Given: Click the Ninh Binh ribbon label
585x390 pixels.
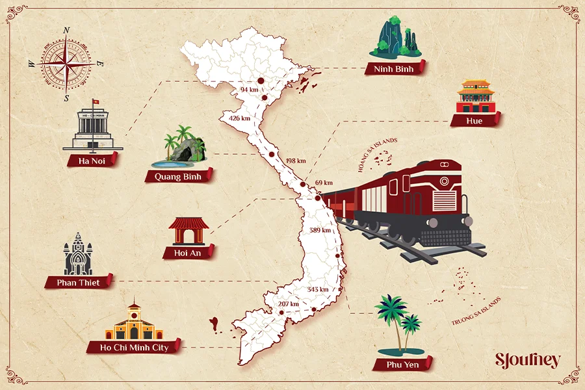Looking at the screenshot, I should point(393,68).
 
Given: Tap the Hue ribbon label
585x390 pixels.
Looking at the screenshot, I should point(474,120).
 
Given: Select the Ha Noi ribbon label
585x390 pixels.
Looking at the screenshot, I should point(92,160).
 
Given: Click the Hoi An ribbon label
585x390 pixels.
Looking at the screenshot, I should point(189,252).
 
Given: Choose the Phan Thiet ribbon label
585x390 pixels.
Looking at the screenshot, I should point(79,283).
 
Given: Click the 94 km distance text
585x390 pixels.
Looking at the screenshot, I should point(249,89).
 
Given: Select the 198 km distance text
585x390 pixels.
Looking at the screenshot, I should point(296,161).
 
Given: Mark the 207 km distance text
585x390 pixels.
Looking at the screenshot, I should point(288,304).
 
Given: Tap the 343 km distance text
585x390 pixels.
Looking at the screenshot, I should point(318,289).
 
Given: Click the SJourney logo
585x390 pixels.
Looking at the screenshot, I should point(527,361).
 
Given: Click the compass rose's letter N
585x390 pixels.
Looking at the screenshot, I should point(66,31).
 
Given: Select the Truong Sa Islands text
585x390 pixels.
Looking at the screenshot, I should point(477,313).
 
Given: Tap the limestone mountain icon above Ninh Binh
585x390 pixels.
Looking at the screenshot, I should point(394,38).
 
